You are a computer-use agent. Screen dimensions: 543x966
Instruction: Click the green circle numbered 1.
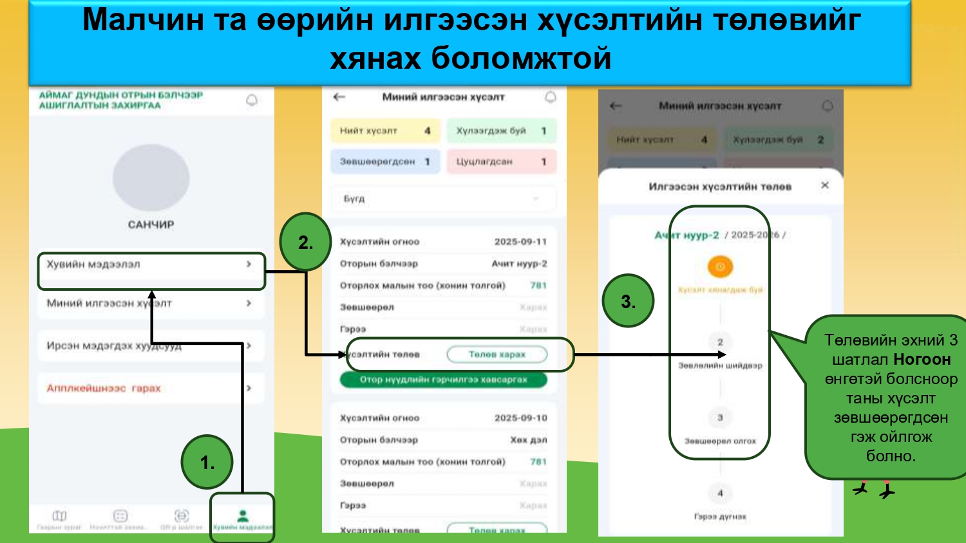207,462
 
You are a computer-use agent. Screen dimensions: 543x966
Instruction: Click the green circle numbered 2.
305,242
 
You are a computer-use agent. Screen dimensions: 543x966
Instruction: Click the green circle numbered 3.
628,301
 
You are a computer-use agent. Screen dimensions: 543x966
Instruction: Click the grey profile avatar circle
151,178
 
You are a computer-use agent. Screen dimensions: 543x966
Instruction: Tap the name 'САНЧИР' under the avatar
151,225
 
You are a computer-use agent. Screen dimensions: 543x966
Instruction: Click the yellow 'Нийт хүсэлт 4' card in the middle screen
385,131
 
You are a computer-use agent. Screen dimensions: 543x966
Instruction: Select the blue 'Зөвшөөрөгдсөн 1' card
385,161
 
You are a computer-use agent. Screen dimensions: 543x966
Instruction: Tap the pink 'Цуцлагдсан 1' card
501,161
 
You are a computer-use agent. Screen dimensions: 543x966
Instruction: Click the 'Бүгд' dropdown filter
443,199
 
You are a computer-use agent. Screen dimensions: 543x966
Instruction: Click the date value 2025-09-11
520,242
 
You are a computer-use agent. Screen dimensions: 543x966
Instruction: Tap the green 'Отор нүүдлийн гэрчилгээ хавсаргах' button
443,380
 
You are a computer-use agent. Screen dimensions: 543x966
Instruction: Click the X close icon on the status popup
825,185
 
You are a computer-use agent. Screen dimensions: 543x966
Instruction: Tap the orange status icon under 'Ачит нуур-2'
720,266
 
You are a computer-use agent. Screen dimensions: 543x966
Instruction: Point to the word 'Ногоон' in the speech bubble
922,359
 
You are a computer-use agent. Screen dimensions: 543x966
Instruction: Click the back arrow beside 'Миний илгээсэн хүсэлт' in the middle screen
339,97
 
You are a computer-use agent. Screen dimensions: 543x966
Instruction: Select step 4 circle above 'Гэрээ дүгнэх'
720,493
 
